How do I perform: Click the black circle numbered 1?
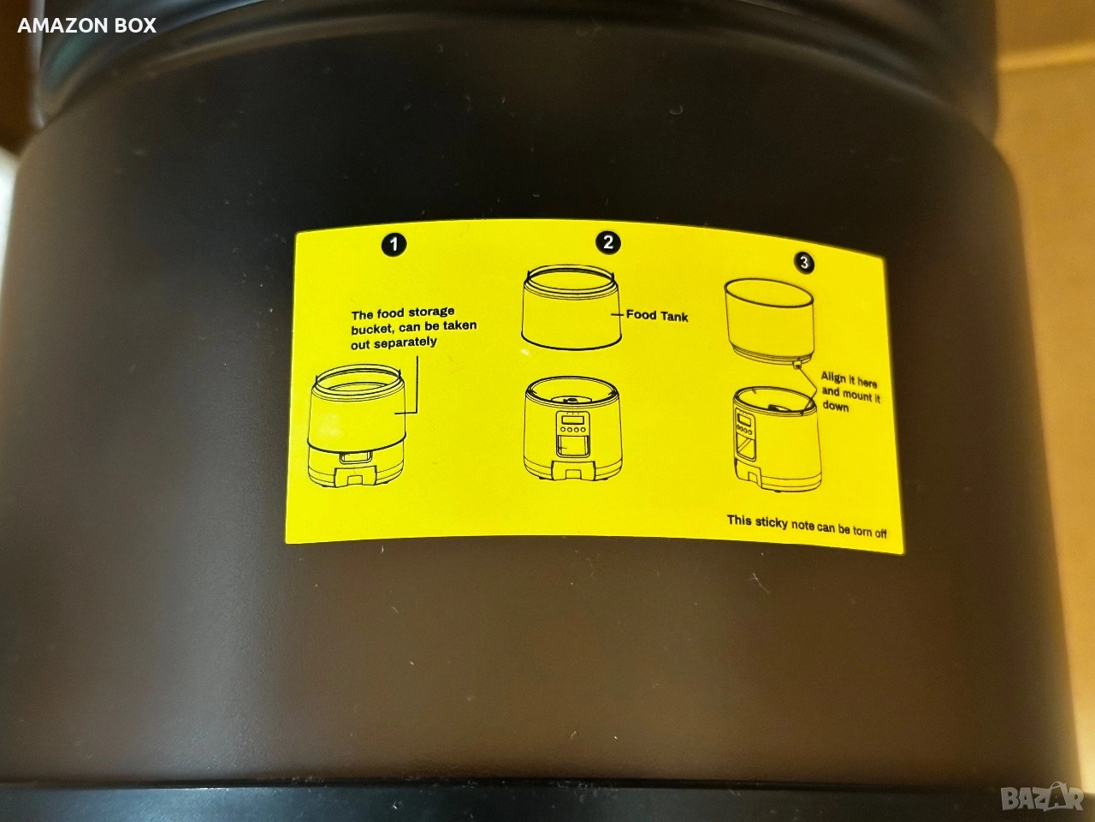(394, 245)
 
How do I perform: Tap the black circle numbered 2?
(607, 242)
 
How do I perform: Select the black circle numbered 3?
(804, 262)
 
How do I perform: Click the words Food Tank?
(657, 315)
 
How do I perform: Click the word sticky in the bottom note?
(772, 522)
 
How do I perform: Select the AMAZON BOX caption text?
(86, 26)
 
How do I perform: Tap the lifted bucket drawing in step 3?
(769, 319)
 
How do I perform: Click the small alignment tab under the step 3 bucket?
(796, 363)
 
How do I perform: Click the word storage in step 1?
(431, 313)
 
